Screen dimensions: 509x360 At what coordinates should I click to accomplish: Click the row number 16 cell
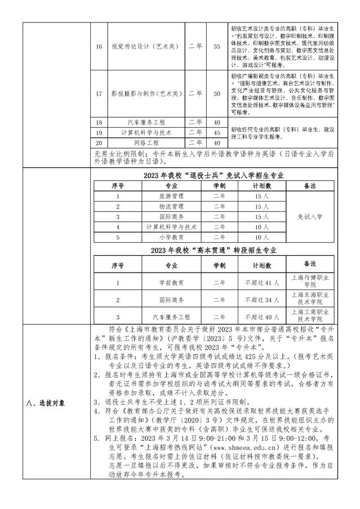[99, 46]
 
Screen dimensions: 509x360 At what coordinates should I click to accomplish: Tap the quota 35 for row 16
[217, 46]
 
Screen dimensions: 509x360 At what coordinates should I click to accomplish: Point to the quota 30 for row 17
[217, 93]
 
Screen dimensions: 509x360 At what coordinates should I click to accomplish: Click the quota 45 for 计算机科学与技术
[217, 133]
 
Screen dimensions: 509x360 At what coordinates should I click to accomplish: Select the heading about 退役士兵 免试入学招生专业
[214, 176]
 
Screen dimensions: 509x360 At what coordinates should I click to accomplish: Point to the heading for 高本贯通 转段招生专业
[214, 250]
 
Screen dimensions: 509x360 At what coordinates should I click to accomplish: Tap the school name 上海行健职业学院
[309, 282]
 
